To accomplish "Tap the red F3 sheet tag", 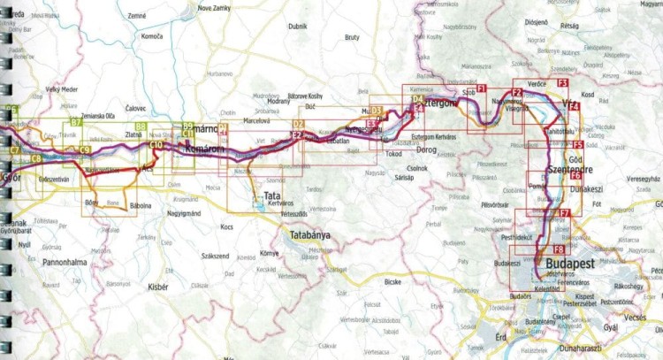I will pyautogui.click(x=562, y=82).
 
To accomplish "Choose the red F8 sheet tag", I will pyautogui.click(x=559, y=250).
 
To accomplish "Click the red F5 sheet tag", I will pyautogui.click(x=577, y=144).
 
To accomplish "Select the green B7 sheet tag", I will pyautogui.click(x=76, y=123).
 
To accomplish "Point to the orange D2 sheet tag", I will pyautogui.click(x=298, y=124).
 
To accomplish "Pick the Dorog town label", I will pyautogui.click(x=427, y=149).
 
